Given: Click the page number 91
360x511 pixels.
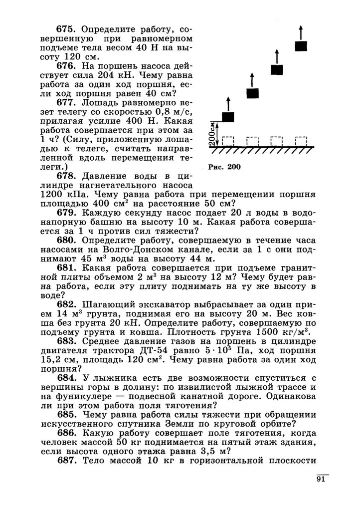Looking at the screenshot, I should pos(321,480).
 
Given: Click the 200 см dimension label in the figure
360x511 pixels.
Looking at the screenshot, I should pos(212,133).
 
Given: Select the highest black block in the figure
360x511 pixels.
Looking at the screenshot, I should pos(301,46).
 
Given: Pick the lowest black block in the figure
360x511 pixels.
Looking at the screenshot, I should pos(228,117).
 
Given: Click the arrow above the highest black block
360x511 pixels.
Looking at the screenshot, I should pos(301,30).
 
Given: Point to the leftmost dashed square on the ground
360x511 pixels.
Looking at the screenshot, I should pos(228,141).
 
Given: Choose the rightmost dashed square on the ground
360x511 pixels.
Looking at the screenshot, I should pos(301,141).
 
